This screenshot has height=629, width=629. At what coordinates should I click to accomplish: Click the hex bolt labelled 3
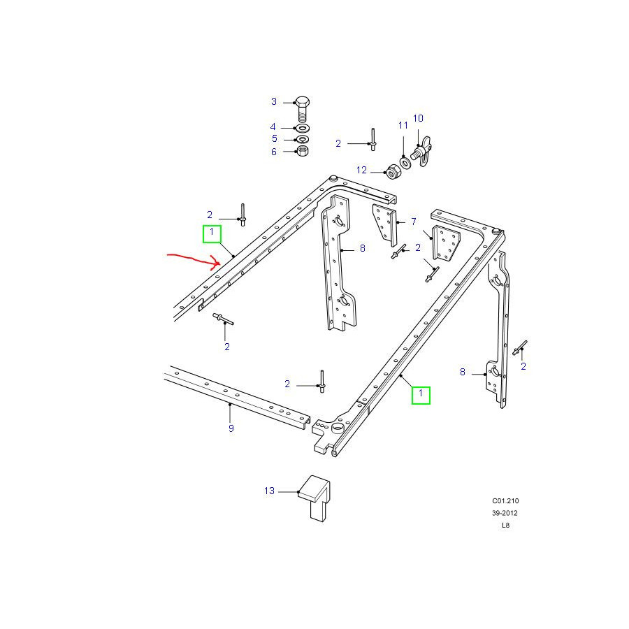click(x=303, y=109)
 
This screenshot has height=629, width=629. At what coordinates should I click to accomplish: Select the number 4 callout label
click(x=273, y=126)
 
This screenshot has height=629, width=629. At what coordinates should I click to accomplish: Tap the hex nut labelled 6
click(x=302, y=151)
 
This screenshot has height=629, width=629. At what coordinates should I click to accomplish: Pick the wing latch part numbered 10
click(x=421, y=151)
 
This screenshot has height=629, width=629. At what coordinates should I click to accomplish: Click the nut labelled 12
click(x=392, y=172)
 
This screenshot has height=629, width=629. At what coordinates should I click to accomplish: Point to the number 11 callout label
click(x=403, y=125)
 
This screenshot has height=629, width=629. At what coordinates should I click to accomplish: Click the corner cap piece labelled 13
click(x=314, y=498)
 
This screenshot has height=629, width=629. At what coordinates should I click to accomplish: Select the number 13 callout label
click(x=269, y=491)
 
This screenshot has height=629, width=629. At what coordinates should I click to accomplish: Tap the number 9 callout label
click(x=231, y=428)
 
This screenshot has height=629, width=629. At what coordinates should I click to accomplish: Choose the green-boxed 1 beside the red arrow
click(x=212, y=233)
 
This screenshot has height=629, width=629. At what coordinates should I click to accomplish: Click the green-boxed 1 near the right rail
click(x=421, y=395)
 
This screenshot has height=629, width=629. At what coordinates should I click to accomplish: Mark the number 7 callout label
click(x=414, y=221)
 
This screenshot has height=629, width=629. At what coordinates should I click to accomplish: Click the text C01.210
click(x=505, y=500)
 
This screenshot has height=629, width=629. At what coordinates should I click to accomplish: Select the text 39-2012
click(x=505, y=513)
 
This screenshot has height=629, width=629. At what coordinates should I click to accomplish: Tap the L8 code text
click(x=505, y=525)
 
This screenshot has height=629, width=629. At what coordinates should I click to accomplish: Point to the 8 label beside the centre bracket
click(x=363, y=248)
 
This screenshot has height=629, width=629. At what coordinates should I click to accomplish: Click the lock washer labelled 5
click(x=302, y=139)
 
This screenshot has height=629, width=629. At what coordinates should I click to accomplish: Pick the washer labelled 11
click(x=405, y=162)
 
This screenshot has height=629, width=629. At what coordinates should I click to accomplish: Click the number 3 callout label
click(x=273, y=101)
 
